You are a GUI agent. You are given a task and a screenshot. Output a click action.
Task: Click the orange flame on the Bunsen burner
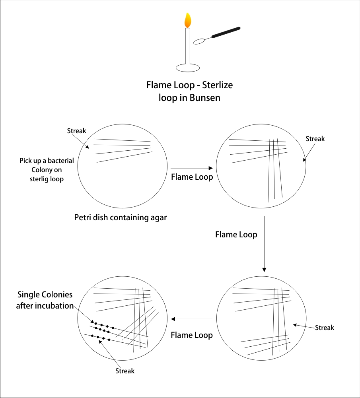pos(188,20)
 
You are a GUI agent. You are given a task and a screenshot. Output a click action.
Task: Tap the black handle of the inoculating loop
pos(226,33)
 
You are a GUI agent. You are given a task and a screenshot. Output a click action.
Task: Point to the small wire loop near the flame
pos(198,41)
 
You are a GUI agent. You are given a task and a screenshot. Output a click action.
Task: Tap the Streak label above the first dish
pos(76,131)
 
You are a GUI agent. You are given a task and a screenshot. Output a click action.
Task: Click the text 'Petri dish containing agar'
pos(121,217)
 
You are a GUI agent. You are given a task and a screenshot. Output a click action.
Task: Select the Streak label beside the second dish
pos(315,139)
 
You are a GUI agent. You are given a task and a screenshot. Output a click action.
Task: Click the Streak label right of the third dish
pos(325,328)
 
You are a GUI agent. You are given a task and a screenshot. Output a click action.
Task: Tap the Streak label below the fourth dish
pos(125,371)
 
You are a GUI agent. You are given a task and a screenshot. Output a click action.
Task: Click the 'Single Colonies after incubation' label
pos(45,300)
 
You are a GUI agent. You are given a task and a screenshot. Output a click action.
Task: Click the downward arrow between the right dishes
pos(264,245)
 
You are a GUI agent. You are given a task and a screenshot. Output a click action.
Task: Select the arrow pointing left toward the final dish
pos(191,319)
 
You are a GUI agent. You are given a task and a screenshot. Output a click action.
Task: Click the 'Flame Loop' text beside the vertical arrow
pos(236,235)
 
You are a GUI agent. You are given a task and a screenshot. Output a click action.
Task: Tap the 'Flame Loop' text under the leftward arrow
pos(192,335)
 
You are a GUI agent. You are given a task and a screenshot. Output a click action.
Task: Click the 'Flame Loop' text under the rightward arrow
pos(192,177)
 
